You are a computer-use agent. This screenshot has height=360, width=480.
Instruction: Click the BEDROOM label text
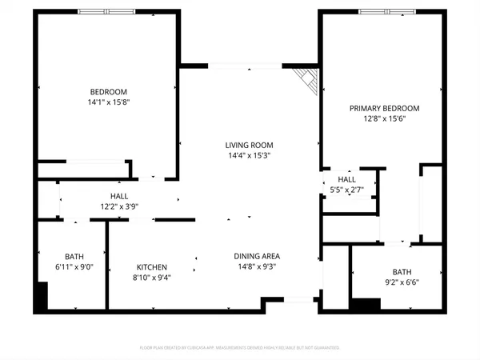coord(107,92)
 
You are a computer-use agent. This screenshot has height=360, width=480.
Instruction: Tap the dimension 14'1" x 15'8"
coord(107,102)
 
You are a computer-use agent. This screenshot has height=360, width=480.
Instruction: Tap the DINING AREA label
coord(257,256)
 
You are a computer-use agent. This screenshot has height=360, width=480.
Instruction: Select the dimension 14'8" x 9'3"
coord(257,266)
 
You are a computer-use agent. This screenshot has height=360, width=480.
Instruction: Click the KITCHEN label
coord(151,267)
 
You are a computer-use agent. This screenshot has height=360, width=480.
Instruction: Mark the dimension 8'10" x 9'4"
coord(151,278)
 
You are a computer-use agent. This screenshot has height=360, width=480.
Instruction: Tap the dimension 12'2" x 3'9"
coord(118,206)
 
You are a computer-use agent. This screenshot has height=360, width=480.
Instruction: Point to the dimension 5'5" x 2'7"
coord(346,190)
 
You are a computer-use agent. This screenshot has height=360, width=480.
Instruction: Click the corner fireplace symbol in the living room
coord(307,78)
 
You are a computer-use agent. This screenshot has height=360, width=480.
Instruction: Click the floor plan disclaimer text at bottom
coord(240,348)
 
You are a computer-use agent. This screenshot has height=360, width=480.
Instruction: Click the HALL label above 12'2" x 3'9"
coord(118,196)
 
